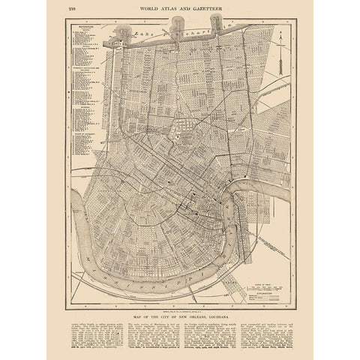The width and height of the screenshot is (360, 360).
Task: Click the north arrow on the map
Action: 280,53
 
